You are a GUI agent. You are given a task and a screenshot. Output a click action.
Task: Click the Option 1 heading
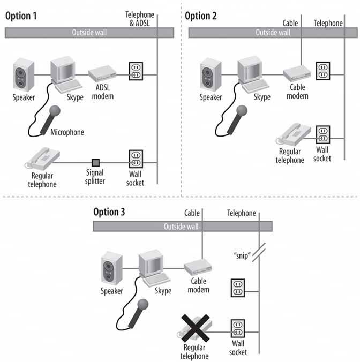click(22, 16)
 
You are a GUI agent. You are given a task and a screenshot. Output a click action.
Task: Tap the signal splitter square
click(95, 162)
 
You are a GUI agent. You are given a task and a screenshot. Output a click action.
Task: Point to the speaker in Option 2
click(211, 75)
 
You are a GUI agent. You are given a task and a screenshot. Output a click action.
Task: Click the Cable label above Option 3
click(192, 213)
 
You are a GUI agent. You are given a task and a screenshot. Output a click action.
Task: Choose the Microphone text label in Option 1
click(67, 132)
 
